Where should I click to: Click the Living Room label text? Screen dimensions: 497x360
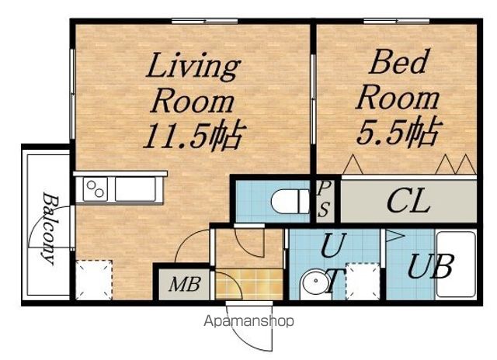[193, 83]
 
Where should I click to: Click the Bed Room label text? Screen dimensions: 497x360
[398, 79]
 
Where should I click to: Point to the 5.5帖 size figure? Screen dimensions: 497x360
[399, 131]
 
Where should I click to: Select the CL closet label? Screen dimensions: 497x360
[408, 202]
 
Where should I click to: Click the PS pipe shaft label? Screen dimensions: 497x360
[324, 199]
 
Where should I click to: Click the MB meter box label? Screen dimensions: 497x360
[185, 284]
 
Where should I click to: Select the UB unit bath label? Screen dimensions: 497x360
[431, 267]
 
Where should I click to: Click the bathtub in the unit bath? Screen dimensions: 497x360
[456, 265]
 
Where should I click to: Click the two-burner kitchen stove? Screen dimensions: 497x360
[96, 189]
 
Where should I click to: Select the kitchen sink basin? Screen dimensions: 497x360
[135, 189]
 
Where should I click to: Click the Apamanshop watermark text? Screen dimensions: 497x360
[248, 321]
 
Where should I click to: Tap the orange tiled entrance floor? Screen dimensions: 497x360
[249, 284]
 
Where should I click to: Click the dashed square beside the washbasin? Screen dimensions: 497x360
[363, 281]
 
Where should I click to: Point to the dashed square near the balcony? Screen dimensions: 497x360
[95, 280]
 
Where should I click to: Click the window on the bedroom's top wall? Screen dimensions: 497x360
[396, 22]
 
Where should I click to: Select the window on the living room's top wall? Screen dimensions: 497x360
[205, 22]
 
